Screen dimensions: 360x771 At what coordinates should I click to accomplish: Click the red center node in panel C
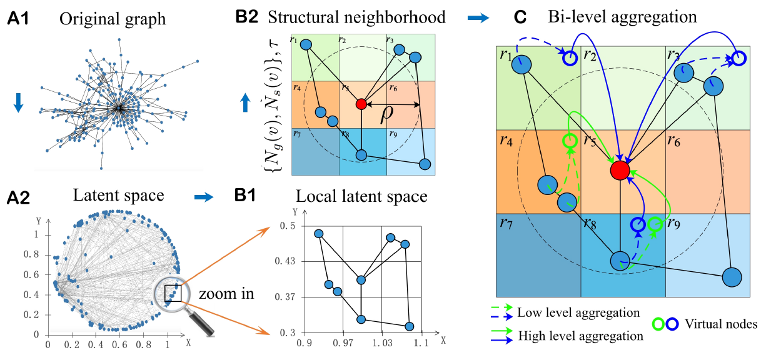(619, 169)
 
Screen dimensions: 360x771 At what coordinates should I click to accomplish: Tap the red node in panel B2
(361, 104)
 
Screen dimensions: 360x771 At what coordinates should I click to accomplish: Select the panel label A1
(19, 19)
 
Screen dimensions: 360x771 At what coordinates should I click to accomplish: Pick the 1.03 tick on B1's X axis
(382, 344)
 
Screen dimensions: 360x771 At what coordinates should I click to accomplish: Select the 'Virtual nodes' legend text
(720, 324)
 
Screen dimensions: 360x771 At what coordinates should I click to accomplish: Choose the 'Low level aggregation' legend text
(578, 312)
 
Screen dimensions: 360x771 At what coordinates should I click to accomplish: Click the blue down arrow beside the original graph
(18, 104)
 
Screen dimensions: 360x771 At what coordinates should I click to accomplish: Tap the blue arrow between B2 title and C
(479, 18)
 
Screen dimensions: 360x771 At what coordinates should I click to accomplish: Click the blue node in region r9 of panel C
(732, 277)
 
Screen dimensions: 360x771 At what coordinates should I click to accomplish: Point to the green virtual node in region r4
(570, 141)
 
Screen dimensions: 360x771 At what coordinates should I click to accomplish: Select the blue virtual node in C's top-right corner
(738, 59)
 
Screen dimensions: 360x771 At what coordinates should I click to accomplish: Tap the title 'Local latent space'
(361, 196)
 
